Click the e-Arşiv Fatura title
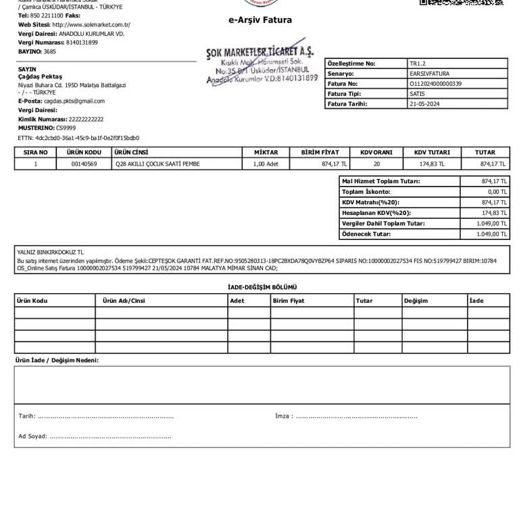[x=260, y=20]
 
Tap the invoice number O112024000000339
[x=436, y=84]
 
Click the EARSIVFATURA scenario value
[x=429, y=74]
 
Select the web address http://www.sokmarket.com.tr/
[x=91, y=24]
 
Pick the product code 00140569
[x=84, y=164]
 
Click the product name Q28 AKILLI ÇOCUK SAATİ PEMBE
[x=157, y=164]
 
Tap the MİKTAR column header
[x=266, y=153]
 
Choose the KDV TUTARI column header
[x=432, y=153]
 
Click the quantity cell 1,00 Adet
[x=266, y=164]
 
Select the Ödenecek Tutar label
[x=366, y=234]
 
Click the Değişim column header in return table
[x=416, y=301]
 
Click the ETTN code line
[x=78, y=137]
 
